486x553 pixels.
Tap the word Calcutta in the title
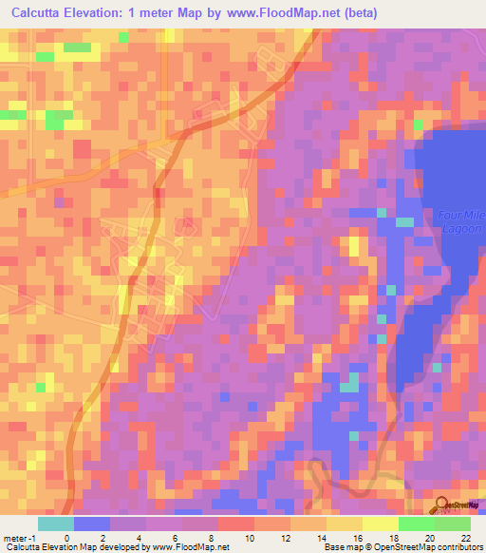pyautogui.click(x=41, y=13)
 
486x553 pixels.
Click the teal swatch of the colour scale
pyautogui.click(x=56, y=524)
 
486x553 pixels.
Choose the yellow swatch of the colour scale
pyautogui.click(x=381, y=524)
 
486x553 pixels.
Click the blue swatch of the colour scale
pyautogui.click(x=92, y=524)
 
